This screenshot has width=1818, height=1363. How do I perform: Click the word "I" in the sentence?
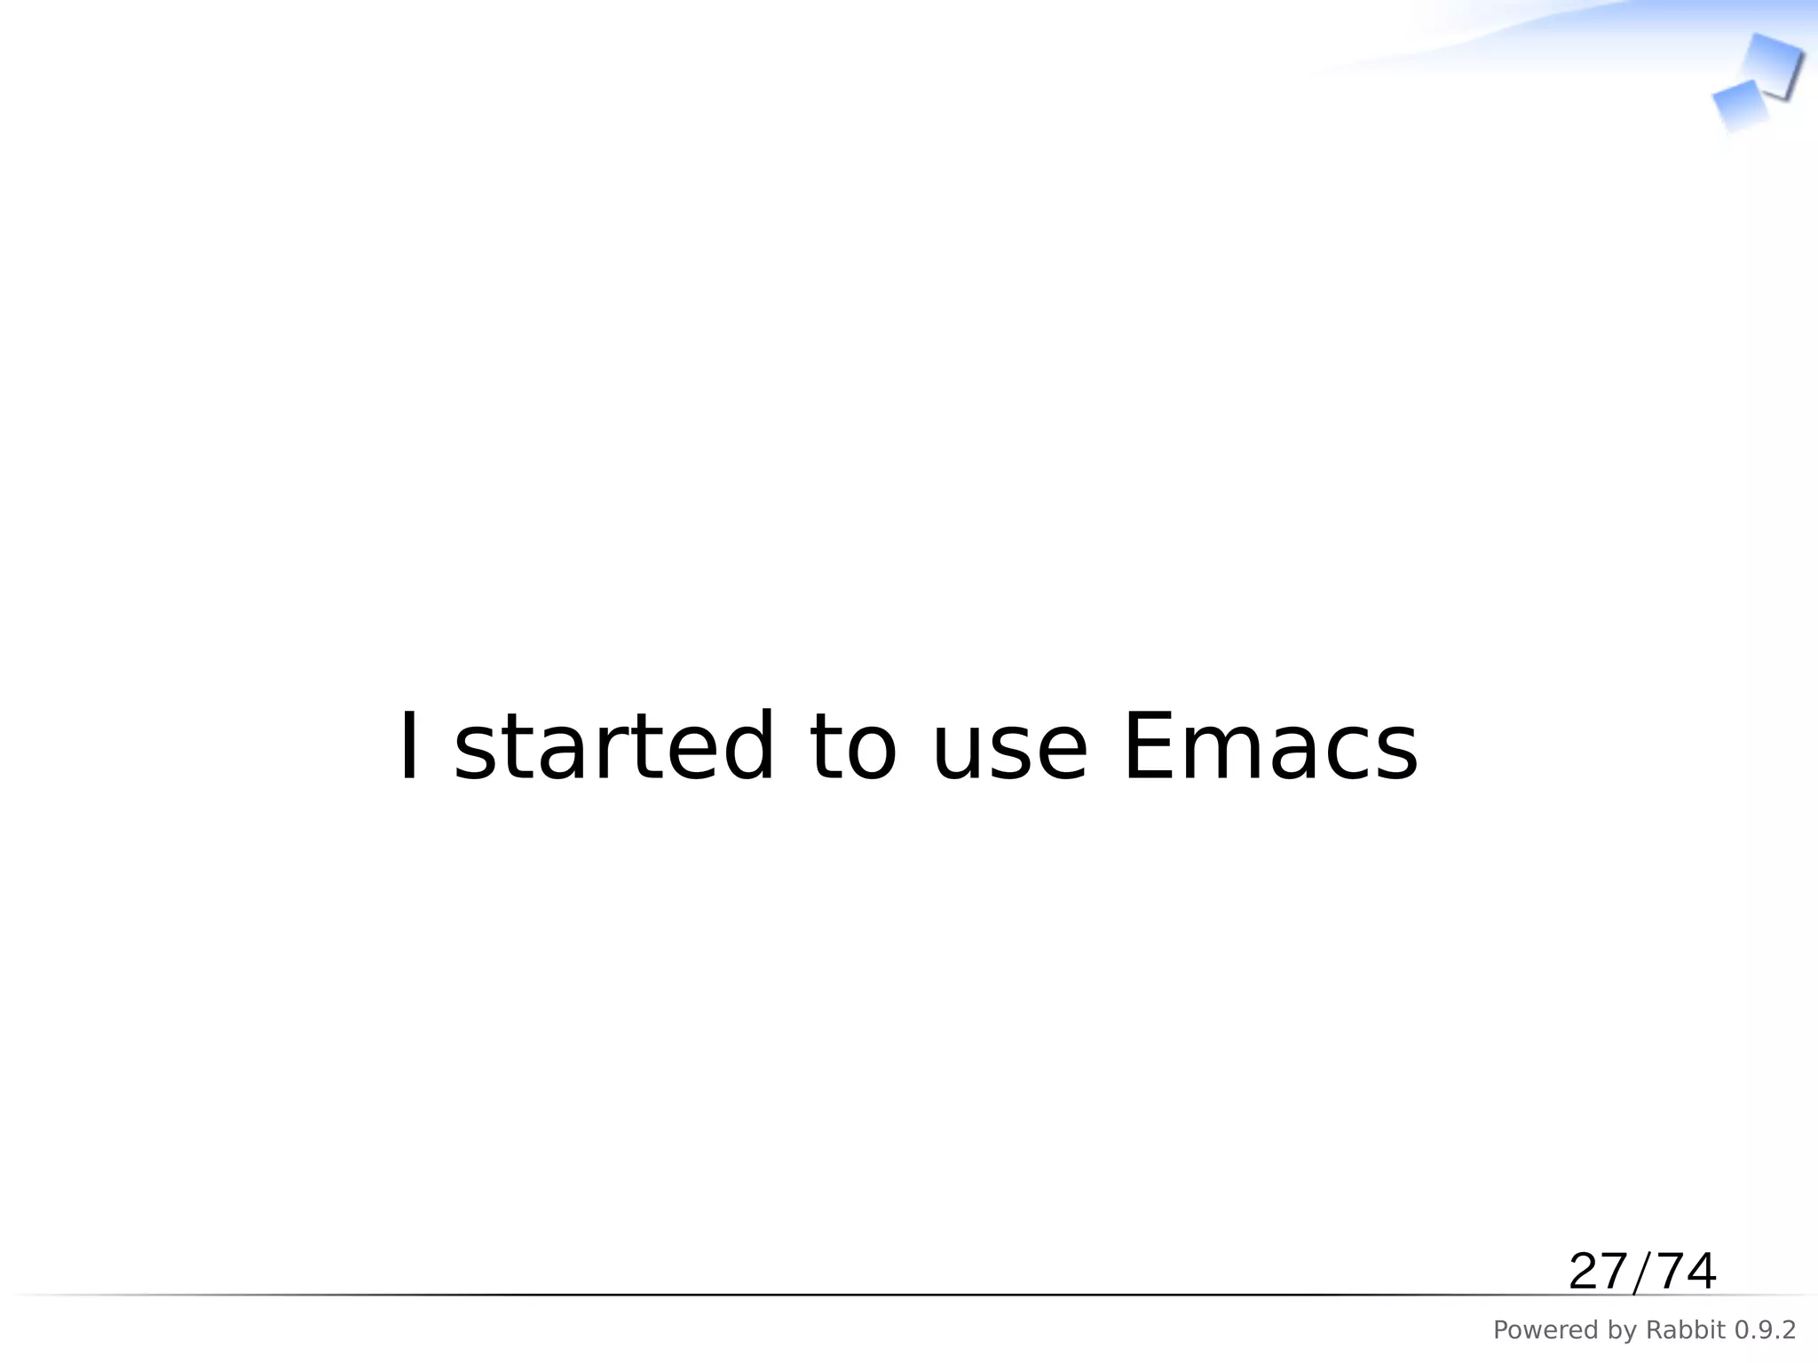[x=409, y=747]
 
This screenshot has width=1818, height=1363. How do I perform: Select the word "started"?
[x=614, y=747]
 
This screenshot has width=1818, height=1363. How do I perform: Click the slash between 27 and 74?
[x=1641, y=1272]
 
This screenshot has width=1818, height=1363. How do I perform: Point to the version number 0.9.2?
[x=1765, y=1330]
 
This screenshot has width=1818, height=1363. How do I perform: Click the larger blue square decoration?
[x=1772, y=65]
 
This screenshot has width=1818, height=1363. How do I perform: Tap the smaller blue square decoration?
[x=1741, y=106]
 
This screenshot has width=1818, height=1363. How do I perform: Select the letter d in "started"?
[x=743, y=747]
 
